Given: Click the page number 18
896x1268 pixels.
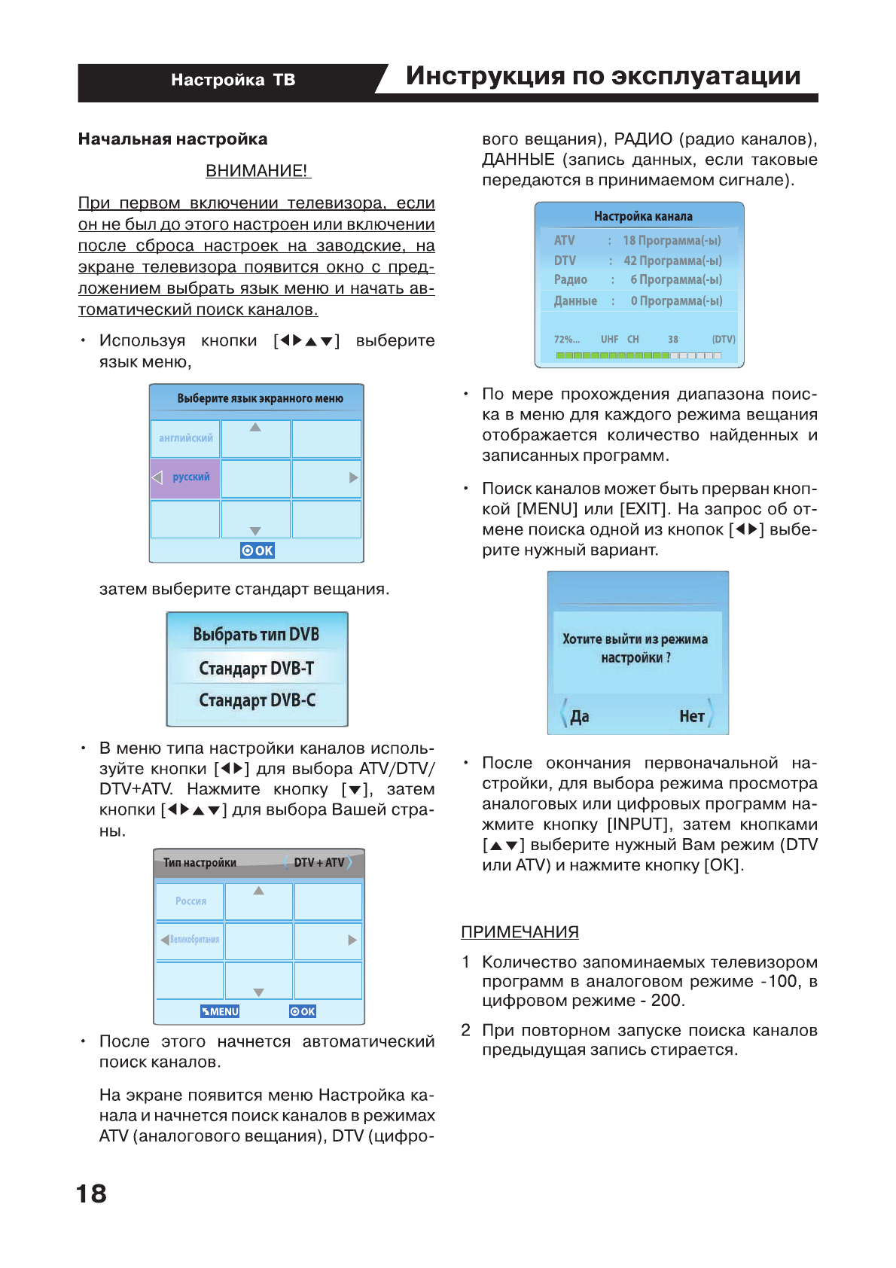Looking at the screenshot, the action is [x=91, y=1193].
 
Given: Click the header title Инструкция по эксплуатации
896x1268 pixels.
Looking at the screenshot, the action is [x=602, y=76].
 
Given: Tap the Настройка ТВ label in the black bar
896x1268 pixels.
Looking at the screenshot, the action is [x=233, y=80].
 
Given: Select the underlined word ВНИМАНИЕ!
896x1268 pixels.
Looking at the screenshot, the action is [x=257, y=171].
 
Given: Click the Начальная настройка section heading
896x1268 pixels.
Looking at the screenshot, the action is [x=172, y=139].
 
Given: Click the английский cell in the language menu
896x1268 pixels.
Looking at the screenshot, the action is [x=185, y=438].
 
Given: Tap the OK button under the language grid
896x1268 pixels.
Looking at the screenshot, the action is [x=258, y=550].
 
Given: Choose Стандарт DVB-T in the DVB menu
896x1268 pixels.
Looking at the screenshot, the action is [x=257, y=668].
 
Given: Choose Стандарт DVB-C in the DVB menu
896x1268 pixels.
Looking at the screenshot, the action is [x=257, y=700].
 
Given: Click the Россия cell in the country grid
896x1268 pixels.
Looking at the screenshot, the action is [x=190, y=901].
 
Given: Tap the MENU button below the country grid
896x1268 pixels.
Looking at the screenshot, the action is [x=220, y=1011].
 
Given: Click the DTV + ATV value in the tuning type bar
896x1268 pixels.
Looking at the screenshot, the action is [x=318, y=862].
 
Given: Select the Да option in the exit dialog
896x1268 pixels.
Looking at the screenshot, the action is [x=579, y=716].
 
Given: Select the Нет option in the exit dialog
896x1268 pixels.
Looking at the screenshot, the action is [x=691, y=716].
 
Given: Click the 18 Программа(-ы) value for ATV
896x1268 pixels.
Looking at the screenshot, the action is [x=672, y=240].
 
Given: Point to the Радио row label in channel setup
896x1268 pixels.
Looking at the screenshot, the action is [x=570, y=280].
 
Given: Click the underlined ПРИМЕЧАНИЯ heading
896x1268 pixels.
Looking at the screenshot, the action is [x=520, y=932].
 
